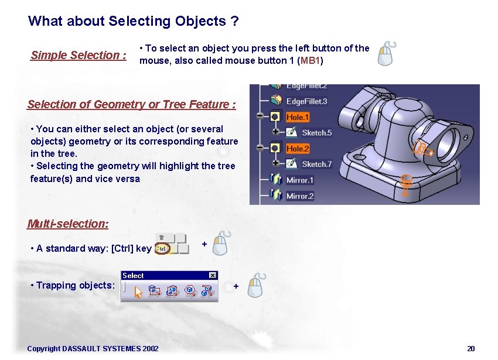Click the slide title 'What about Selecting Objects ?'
[133, 22]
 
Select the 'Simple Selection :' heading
[79, 56]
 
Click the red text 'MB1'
[311, 61]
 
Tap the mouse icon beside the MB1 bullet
[386, 54]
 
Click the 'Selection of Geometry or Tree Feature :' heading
[131, 105]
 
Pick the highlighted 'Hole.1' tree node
[298, 117]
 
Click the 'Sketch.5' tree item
[316, 133]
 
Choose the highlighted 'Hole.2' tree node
[298, 149]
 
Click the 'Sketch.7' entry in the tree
[316, 164]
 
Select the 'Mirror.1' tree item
[299, 180]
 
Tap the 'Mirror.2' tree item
[299, 196]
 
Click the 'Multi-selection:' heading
[68, 224]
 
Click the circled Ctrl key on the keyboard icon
[163, 249]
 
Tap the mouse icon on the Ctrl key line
[221, 243]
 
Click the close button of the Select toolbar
[213, 275]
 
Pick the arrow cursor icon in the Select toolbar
[139, 291]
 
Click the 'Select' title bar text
[133, 276]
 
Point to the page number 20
[470, 349]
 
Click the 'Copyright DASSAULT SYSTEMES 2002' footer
[93, 349]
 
